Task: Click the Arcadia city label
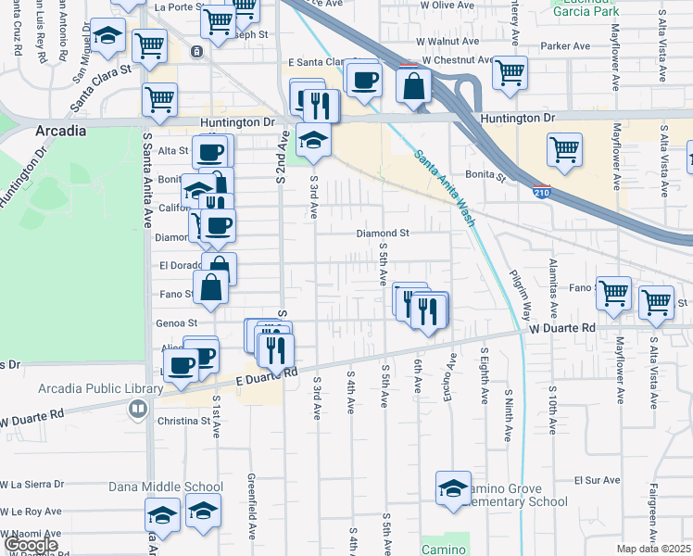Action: (x=61, y=131)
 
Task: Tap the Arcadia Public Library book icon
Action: (x=138, y=407)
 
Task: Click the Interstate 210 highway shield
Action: (x=541, y=192)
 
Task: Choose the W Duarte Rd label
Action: (x=562, y=328)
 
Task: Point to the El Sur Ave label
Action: (x=597, y=480)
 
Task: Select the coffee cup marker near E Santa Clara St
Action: (x=365, y=78)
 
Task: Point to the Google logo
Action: (x=31, y=545)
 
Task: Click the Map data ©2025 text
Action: (x=653, y=549)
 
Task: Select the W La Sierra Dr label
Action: (x=32, y=484)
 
